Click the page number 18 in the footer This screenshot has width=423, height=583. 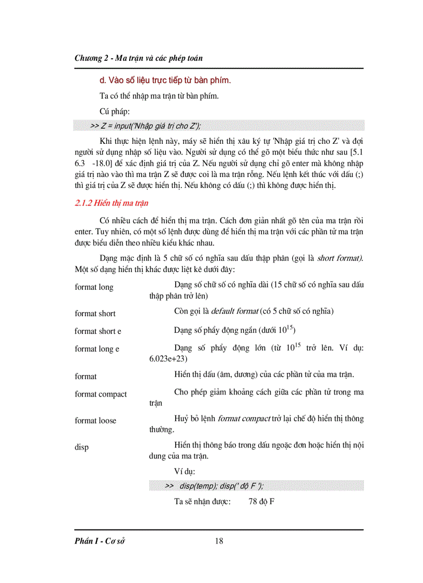tap(219, 541)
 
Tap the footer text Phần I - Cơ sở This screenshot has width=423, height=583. tap(100, 541)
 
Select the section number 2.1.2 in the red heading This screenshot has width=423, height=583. tap(86, 203)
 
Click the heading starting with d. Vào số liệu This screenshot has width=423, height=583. tap(164, 80)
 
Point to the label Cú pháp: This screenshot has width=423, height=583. tap(115, 112)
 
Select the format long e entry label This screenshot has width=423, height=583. tap(97, 349)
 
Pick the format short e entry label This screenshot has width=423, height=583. tap(97, 331)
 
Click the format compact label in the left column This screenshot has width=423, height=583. tap(101, 394)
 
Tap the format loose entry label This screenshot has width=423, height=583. tap(95, 421)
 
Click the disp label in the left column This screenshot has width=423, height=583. tap(81, 447)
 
